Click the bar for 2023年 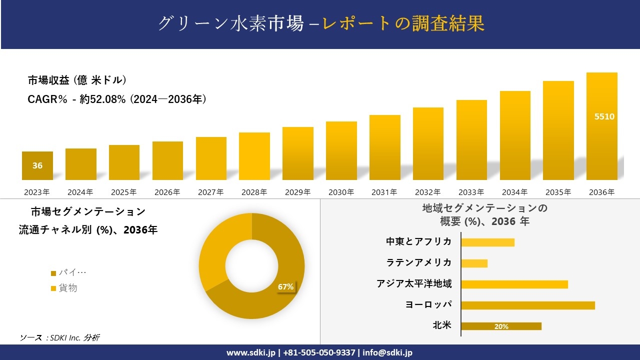click(x=37, y=166)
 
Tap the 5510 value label click(x=604, y=116)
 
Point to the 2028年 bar click(x=254, y=156)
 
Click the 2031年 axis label click(x=384, y=192)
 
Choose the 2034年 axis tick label click(x=514, y=192)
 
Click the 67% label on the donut click(x=285, y=287)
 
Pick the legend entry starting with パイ click(x=68, y=273)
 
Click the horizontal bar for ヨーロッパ click(x=527, y=305)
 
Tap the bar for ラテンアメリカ click(x=474, y=263)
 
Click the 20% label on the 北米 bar click(x=501, y=326)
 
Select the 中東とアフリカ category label click(x=419, y=242)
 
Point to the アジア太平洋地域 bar click(x=514, y=284)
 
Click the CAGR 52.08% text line click(x=117, y=99)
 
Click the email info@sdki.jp click(x=387, y=352)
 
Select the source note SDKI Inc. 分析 click(x=60, y=337)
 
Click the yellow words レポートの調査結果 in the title click(x=403, y=23)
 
